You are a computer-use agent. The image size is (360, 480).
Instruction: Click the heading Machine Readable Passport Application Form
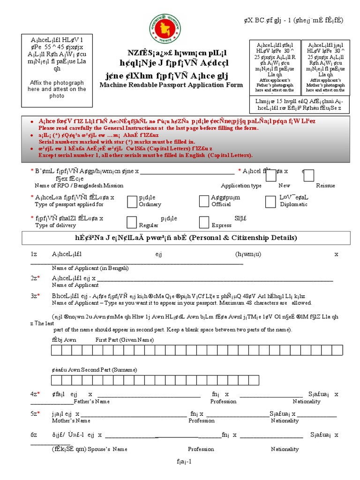[x=171, y=85]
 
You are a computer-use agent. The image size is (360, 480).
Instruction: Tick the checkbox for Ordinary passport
[x=132, y=201]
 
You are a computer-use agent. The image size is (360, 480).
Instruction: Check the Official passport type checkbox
[x=204, y=201]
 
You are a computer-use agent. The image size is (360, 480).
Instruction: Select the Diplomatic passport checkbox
[x=270, y=201]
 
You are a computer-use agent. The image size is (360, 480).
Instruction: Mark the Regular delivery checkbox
[x=132, y=222]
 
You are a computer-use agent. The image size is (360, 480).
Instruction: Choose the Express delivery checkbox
[x=204, y=222]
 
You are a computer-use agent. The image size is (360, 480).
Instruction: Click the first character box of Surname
[x=55, y=379]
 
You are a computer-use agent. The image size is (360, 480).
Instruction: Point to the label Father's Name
[x=92, y=402]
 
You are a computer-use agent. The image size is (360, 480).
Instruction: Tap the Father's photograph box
[x=274, y=66]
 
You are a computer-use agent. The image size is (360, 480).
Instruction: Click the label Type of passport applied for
[x=69, y=204]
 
